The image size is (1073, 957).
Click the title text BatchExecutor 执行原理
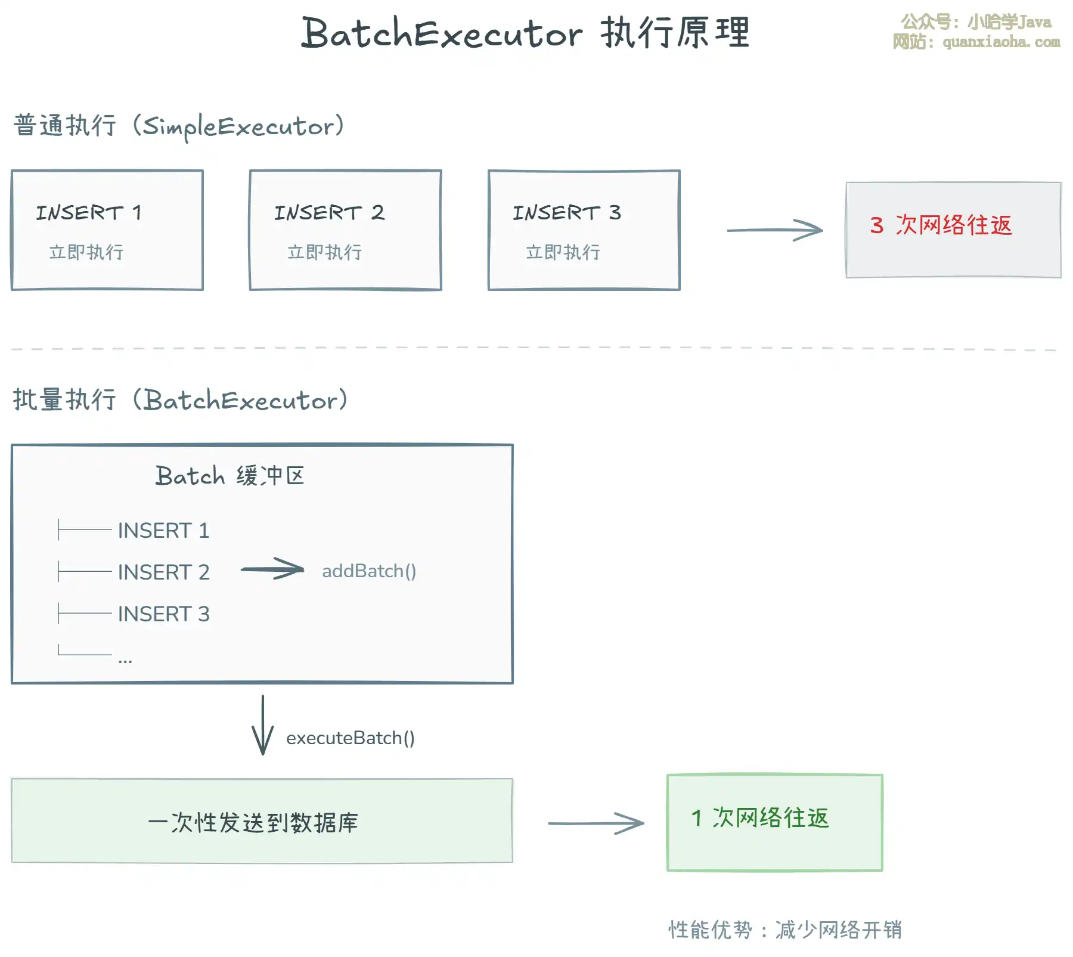525,33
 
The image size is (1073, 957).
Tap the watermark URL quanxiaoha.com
1001,42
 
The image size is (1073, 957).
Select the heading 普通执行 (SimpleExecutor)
179,126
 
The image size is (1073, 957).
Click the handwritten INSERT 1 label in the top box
89,212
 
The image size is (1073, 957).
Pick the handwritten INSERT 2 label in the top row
329,212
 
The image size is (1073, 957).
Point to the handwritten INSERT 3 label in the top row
567,212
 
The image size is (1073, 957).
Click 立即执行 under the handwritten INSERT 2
324,252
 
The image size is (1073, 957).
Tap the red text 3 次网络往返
941,225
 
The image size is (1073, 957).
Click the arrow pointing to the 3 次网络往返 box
774,230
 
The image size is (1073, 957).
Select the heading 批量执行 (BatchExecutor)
180,400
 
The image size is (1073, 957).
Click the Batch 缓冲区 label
230,476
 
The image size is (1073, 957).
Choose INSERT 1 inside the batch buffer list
163,530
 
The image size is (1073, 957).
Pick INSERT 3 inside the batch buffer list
163,614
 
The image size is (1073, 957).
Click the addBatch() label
369,571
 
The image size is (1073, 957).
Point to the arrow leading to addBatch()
272,569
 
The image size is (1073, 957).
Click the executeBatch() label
351,738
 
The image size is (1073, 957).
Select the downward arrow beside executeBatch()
262,724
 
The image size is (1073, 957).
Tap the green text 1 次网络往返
760,818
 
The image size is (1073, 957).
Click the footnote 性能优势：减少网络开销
785,930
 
